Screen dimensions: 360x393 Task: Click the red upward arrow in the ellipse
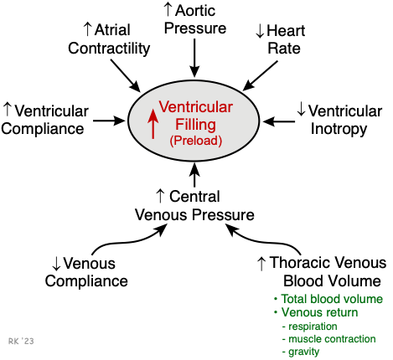(x=153, y=121)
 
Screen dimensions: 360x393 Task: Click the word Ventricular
(x=196, y=107)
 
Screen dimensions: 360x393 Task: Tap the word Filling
(x=195, y=124)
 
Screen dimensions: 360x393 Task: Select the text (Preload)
(x=195, y=141)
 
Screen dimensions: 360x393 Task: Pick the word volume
(x=365, y=299)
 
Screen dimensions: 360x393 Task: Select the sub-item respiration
(x=313, y=326)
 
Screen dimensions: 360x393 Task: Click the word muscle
(x=305, y=339)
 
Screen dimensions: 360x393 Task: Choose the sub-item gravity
(x=304, y=352)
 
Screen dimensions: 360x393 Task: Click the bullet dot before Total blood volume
(x=276, y=299)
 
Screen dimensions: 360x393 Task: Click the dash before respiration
(x=284, y=326)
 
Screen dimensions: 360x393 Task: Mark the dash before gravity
(x=284, y=352)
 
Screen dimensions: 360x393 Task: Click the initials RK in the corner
(x=13, y=342)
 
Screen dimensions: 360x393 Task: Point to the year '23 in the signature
(x=28, y=342)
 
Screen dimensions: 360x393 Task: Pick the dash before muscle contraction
(x=284, y=339)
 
